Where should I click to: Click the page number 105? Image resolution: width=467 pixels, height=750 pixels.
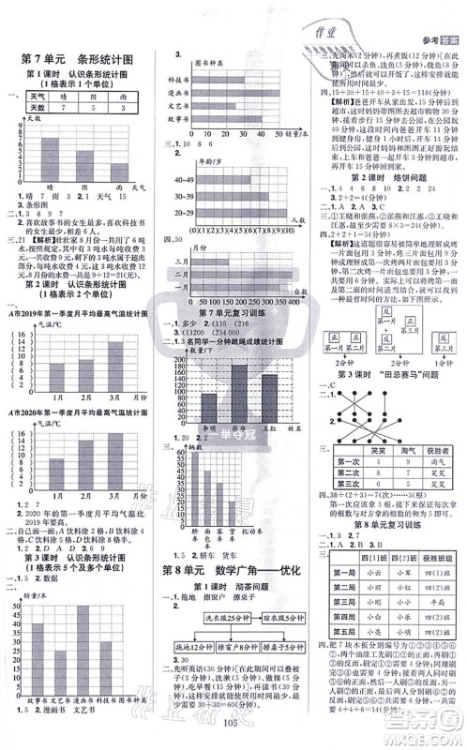(233, 733)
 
